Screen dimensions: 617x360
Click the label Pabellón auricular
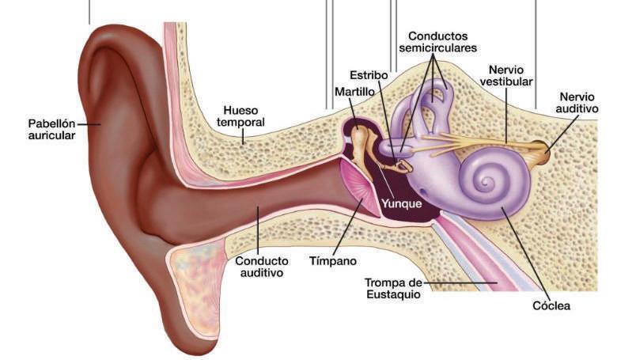pyautogui.click(x=51, y=129)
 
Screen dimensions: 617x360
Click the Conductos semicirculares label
pyautogui.click(x=437, y=42)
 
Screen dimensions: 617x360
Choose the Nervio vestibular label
pyautogui.click(x=505, y=76)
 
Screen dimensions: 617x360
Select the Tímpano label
pyautogui.click(x=332, y=260)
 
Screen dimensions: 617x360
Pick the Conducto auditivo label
pyautogui.click(x=261, y=267)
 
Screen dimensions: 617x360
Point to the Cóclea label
pyautogui.click(x=551, y=305)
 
